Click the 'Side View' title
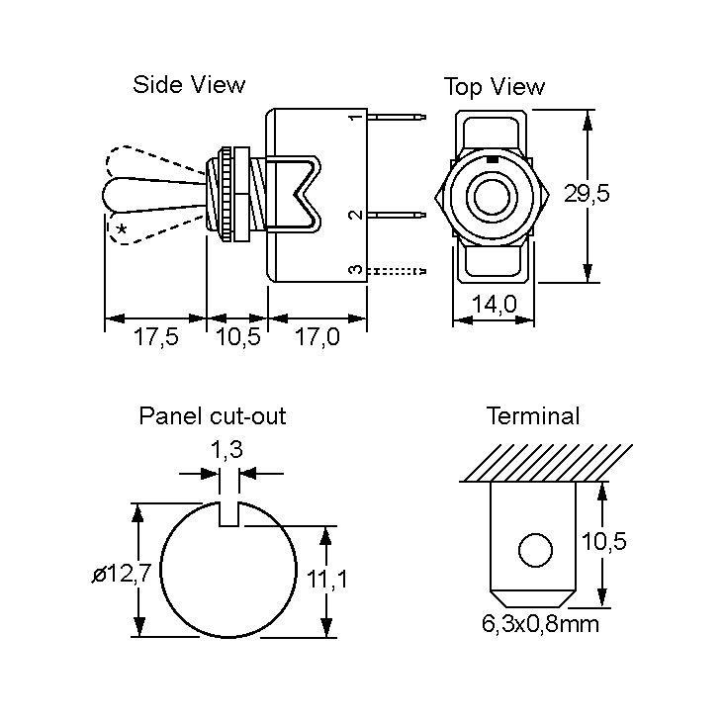pos(189,85)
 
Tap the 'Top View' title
pos(494,87)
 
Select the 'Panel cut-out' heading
pos(213,416)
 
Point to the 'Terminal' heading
pos(533,416)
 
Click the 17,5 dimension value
pos(155,338)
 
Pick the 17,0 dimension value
pos(317,338)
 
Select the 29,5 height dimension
pos(587,194)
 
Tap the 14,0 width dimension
pos(494,306)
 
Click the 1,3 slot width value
pos(227,450)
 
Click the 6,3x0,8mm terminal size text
pos(540,624)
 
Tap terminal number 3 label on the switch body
pos(354,270)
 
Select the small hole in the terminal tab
pos(534,550)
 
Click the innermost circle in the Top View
pos(489,196)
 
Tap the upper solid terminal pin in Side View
pos(397,119)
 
